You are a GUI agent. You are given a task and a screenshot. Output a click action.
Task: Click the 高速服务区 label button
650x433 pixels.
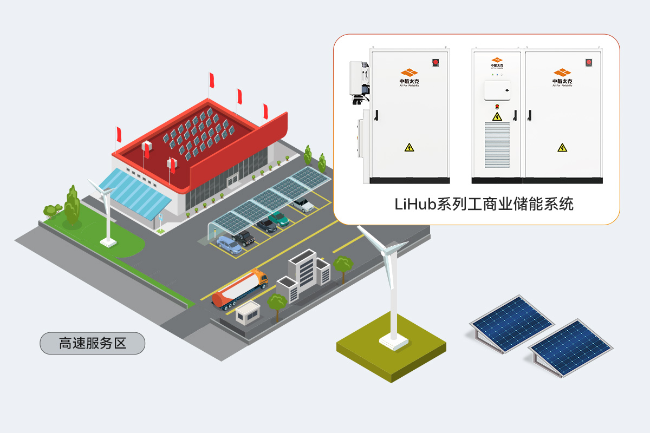pos(92,343)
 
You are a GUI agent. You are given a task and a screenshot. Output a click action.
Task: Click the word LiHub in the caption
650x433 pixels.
pos(412,205)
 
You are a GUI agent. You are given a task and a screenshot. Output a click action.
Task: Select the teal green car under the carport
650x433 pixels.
pos(278,218)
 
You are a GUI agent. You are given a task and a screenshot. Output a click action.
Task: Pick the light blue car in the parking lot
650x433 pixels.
pos(229,245)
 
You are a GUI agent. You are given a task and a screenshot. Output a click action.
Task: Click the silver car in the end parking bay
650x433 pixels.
pos(303,205)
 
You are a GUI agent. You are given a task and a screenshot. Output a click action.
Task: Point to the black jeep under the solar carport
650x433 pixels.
pos(244,238)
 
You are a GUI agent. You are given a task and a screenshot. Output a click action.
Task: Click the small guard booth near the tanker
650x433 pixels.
pos(247,313)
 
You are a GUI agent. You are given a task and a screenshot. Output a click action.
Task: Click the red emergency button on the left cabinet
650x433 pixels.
pos(434,62)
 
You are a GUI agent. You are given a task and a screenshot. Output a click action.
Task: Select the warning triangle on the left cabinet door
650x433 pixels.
pos(409,147)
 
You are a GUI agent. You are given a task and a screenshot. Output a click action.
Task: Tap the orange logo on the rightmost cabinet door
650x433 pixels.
pos(562,73)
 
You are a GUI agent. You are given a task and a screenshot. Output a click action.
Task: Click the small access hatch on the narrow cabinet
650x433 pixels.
pos(497,90)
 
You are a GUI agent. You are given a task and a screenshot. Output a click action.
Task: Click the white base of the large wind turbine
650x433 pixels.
pos(394,340)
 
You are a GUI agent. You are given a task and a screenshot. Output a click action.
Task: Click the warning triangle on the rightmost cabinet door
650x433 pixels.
pos(563,147)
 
